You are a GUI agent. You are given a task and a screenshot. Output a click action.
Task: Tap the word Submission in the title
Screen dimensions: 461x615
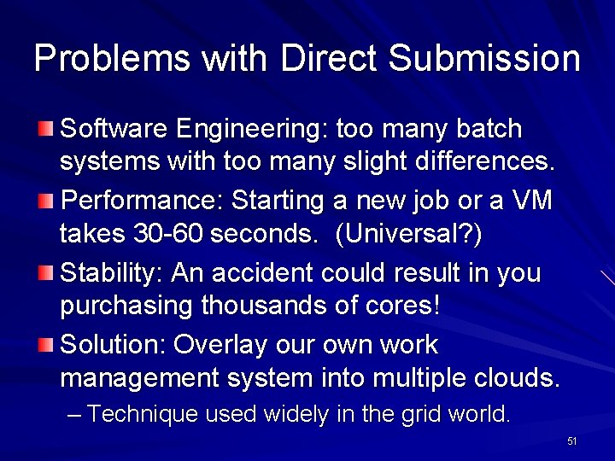point(483,58)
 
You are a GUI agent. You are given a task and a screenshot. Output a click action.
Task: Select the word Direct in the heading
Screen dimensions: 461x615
point(328,58)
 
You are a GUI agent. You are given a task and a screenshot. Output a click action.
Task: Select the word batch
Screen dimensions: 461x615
point(489,129)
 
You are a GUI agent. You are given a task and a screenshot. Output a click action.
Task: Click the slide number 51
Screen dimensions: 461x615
point(572,441)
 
